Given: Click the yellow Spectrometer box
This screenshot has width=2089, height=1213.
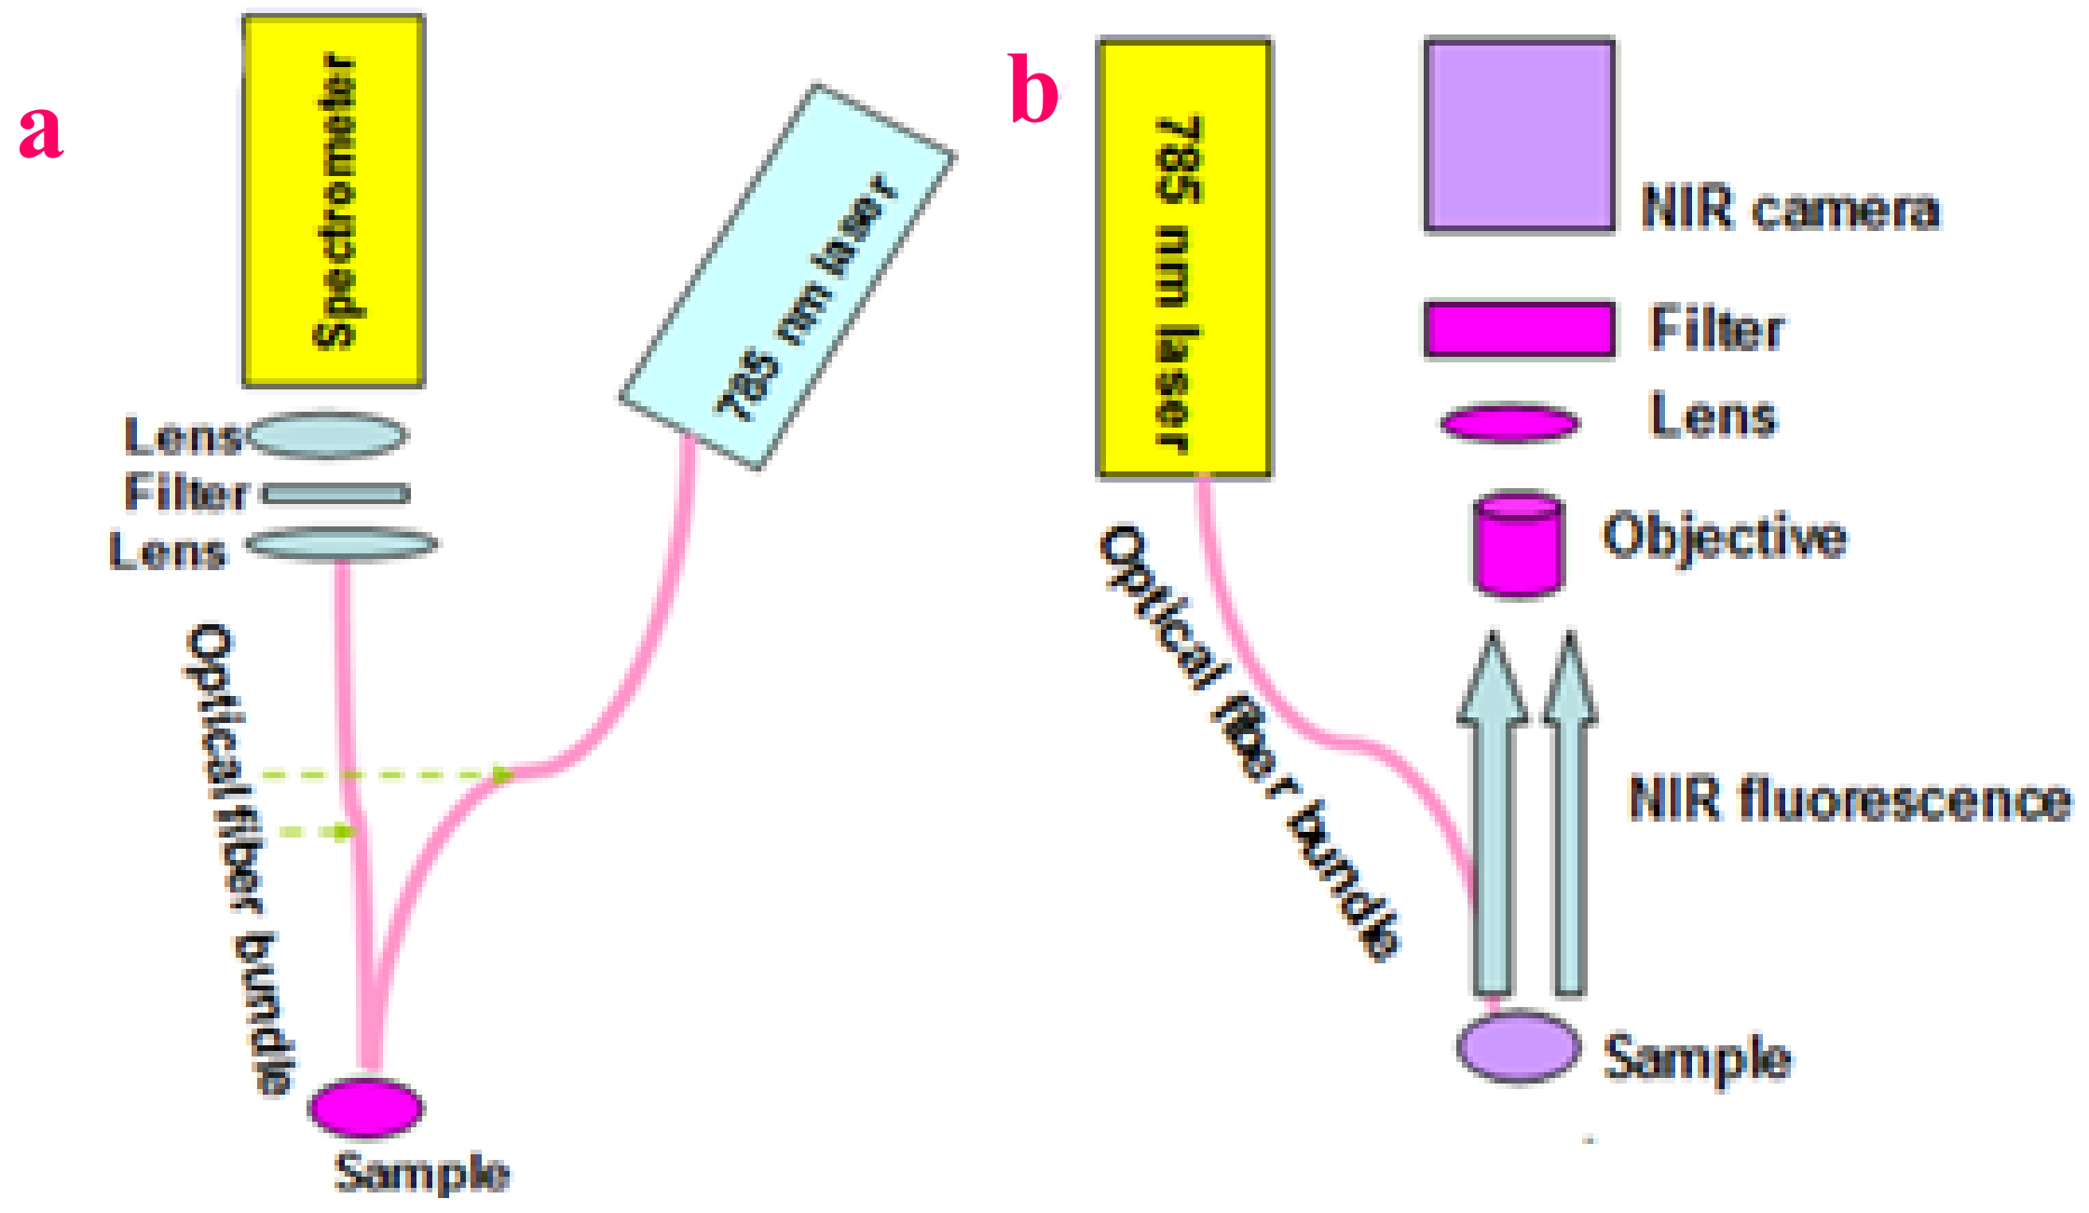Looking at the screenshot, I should click(x=334, y=200).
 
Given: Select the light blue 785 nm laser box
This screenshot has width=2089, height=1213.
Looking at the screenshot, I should click(x=787, y=277).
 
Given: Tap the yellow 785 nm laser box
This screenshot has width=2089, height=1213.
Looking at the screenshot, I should click(x=1184, y=258).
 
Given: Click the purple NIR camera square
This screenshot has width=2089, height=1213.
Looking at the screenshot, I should click(x=1520, y=134).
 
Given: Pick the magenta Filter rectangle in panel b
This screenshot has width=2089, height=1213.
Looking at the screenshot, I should click(x=1520, y=329).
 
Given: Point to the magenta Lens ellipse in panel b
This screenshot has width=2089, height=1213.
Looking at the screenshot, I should click(x=1510, y=424).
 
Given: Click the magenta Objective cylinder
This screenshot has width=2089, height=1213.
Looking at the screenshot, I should click(x=1518, y=545).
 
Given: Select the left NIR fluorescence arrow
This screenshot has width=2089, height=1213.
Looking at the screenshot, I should click(x=1492, y=820).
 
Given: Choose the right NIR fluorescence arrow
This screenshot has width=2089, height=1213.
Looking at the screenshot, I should click(x=1570, y=820).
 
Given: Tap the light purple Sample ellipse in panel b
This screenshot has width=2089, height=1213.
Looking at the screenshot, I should click(x=1518, y=1047).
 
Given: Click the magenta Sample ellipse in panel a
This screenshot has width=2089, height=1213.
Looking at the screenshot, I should click(x=366, y=1108).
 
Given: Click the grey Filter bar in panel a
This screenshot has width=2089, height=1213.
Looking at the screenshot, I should click(x=335, y=494).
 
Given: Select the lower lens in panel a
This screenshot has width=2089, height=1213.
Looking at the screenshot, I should click(x=341, y=544).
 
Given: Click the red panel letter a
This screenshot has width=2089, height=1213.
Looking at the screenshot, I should click(x=41, y=130).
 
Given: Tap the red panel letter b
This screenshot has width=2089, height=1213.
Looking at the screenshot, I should click(x=1033, y=91).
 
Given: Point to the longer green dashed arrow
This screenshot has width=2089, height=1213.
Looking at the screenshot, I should click(x=382, y=774).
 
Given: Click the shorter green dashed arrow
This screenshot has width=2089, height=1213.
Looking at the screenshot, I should click(x=317, y=831).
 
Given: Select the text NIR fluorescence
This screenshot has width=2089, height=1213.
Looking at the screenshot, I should click(x=1849, y=799).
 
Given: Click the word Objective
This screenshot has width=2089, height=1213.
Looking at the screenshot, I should click(x=1725, y=538).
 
